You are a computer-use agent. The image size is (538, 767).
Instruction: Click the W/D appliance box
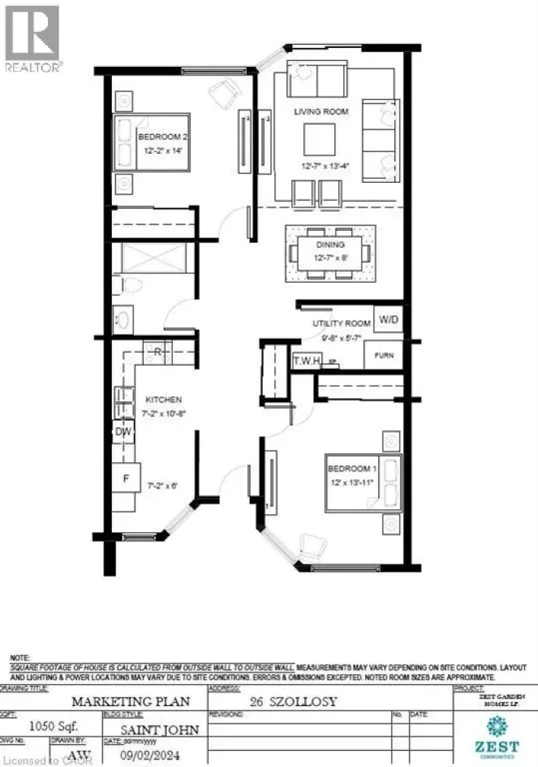coord(387,320)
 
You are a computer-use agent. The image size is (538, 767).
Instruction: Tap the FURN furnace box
coord(384,355)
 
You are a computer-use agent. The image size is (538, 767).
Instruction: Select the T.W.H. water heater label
coord(307,360)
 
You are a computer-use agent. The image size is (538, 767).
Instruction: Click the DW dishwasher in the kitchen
coord(124,432)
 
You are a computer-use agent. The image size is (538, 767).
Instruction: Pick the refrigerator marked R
coord(157,352)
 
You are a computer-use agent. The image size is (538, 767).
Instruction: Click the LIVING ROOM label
coord(321,111)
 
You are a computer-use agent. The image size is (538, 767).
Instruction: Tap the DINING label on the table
coord(331,244)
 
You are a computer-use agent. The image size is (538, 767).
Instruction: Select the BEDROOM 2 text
coord(163,136)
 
